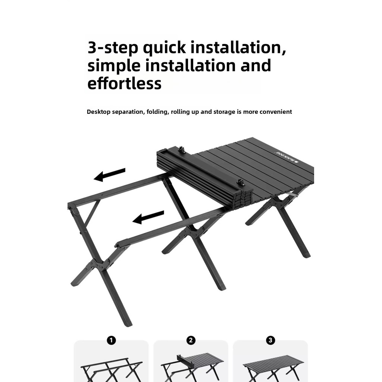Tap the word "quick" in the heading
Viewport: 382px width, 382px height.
[x=164, y=47]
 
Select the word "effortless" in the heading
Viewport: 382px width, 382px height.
[x=124, y=83]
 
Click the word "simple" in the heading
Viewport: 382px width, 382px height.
[x=114, y=66]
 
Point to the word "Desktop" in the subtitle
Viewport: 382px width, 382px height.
[x=98, y=112]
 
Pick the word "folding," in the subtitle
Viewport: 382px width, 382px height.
[x=158, y=112]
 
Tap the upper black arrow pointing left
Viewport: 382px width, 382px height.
[x=110, y=175]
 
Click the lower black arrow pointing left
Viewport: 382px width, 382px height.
[x=148, y=217]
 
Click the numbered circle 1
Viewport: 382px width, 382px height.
[x=111, y=340]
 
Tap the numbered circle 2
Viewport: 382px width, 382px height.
[x=191, y=340]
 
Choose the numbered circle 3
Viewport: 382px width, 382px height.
[x=270, y=340]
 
